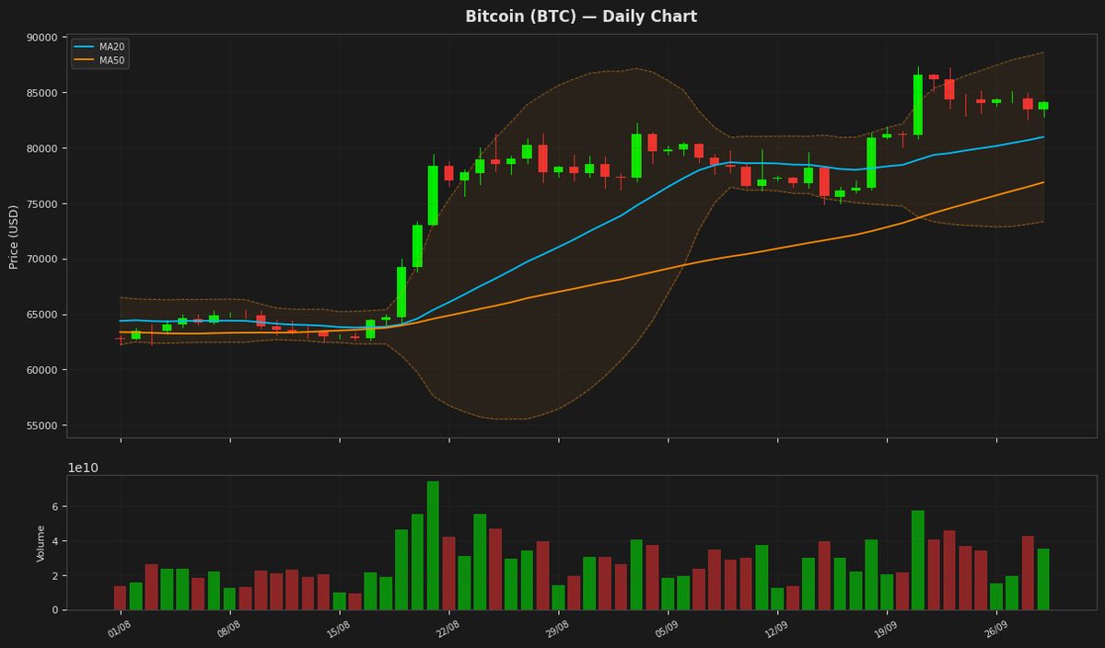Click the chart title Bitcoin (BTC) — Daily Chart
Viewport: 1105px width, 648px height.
click(581, 17)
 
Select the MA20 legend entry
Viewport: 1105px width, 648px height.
click(99, 47)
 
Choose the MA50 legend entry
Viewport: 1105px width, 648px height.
click(99, 61)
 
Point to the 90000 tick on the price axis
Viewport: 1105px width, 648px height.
click(41, 38)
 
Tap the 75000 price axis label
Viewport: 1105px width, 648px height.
click(41, 204)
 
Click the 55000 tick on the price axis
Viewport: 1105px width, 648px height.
click(41, 425)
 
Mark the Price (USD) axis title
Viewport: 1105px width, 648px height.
click(13, 237)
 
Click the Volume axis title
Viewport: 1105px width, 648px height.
click(41, 543)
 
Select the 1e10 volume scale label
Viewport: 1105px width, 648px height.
click(83, 468)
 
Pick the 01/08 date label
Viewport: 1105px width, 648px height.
click(120, 630)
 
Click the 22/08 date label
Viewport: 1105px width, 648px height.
click(448, 630)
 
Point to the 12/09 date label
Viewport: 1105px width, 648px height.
click(776, 630)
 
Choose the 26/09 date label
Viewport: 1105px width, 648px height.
click(995, 630)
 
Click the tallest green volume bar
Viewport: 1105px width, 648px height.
click(433, 546)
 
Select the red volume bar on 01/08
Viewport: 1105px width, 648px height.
click(120, 598)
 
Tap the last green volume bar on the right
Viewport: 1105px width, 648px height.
click(1043, 580)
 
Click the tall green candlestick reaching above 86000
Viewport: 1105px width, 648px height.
click(918, 105)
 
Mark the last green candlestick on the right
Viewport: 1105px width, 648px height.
click(1043, 106)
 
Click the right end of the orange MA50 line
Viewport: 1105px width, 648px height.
click(1044, 182)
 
